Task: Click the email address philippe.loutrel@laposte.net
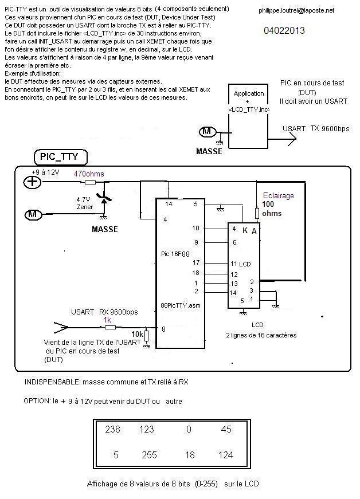296,10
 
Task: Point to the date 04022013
285,30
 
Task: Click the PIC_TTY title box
60,156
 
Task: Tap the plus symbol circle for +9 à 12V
33,182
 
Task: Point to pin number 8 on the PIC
164,329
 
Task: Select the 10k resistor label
138,333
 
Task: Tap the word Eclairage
278,195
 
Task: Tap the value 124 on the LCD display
226,455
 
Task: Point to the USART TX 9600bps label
315,129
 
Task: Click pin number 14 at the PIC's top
169,203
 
